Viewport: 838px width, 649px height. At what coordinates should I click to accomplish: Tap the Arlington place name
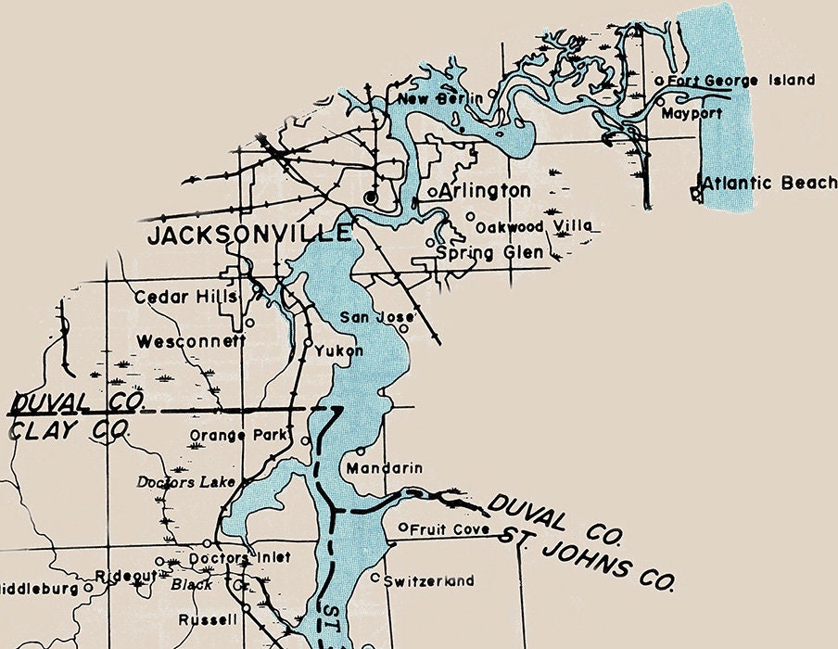[485, 192]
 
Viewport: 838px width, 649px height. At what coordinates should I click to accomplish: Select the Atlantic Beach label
[769, 183]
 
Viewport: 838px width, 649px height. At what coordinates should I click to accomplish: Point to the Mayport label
[692, 114]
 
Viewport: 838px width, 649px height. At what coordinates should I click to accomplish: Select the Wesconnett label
[191, 342]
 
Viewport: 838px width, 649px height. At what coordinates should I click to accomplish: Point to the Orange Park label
[240, 435]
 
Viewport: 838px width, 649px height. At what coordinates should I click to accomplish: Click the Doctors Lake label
[186, 482]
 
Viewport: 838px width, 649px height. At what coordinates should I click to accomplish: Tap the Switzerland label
[428, 581]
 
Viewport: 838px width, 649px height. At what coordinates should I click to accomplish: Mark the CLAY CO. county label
[70, 431]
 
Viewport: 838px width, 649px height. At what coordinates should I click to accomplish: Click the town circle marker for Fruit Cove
[403, 528]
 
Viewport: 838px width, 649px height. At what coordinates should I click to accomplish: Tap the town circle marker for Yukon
[308, 342]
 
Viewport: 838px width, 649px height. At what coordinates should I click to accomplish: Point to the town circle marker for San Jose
[403, 327]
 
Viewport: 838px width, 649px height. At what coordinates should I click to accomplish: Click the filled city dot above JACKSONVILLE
[371, 197]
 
